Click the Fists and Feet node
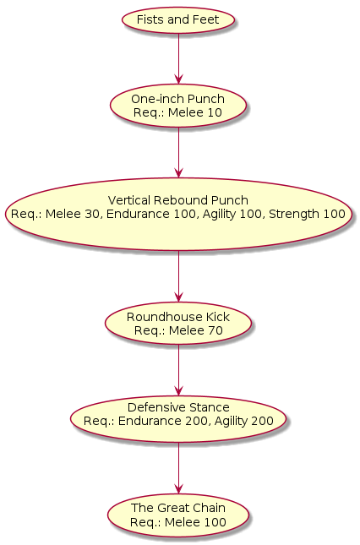pyautogui.click(x=178, y=19)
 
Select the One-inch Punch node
pyautogui.click(x=178, y=106)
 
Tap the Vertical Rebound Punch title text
pyautogui.click(x=178, y=200)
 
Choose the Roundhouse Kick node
pyautogui.click(x=178, y=324)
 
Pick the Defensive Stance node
pyautogui.click(x=178, y=419)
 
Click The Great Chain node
pyautogui.click(x=178, y=515)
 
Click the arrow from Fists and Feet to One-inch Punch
pyautogui.click(x=178, y=58)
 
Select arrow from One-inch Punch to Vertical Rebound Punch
pyautogui.click(x=178, y=152)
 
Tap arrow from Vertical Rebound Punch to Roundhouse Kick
pyautogui.click(x=178, y=276)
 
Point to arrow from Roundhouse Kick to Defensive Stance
pyautogui.click(x=178, y=370)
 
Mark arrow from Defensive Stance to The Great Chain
pyautogui.click(x=178, y=468)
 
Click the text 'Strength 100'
pyautogui.click(x=307, y=214)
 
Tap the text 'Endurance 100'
pyautogui.click(x=151, y=214)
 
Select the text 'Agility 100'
pyautogui.click(x=232, y=215)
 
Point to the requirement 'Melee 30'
pyautogui.click(x=73, y=214)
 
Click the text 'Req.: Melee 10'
pyautogui.click(x=178, y=112)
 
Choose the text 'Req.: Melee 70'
pyautogui.click(x=178, y=330)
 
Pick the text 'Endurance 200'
pyautogui.click(x=163, y=421)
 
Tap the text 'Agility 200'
pyautogui.click(x=244, y=422)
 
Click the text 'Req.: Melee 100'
pyautogui.click(x=178, y=522)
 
